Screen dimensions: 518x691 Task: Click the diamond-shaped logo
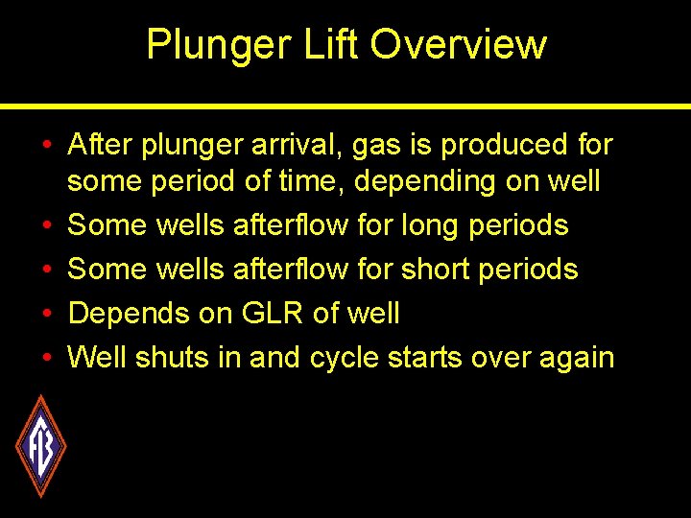pos(40,446)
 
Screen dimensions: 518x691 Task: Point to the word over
pos(495,358)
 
